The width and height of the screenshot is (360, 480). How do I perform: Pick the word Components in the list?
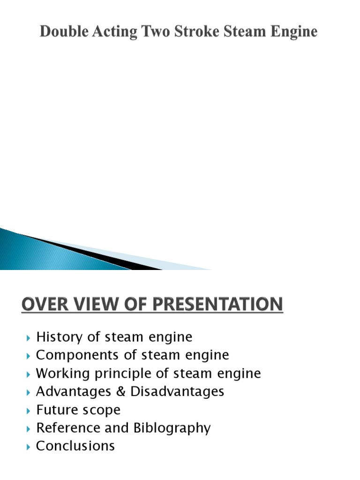pos(68,355)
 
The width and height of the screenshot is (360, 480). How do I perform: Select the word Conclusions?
pos(75,446)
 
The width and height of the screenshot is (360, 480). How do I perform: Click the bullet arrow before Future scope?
pos(29,411)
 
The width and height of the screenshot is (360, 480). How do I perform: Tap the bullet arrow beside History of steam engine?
pos(29,337)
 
